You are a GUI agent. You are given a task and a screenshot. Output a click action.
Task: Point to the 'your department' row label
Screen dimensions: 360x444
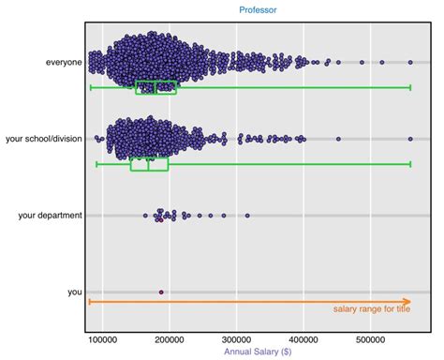[51, 216]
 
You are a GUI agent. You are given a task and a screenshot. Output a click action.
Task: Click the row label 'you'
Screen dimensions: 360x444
[75, 292]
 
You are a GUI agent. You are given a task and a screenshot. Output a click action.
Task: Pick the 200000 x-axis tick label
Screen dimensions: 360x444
[170, 339]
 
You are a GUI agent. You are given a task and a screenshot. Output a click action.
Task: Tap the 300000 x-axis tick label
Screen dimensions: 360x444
[237, 339]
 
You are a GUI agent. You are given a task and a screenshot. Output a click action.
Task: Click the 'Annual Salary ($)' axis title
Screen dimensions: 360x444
[257, 352]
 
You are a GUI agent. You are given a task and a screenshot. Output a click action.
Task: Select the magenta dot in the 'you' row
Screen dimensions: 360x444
[161, 292]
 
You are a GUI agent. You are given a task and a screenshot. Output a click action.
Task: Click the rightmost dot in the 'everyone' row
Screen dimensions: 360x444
[411, 62]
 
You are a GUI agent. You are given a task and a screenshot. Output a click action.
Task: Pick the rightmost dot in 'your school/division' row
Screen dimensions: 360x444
[410, 139]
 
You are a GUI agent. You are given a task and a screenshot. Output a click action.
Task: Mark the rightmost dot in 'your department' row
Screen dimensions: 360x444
[247, 216]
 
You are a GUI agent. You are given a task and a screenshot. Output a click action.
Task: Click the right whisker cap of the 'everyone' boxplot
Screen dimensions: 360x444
[411, 87]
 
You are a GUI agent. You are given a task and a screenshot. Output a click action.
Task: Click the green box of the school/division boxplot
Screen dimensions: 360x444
[149, 164]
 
